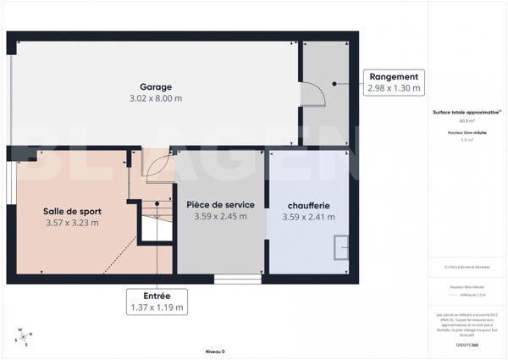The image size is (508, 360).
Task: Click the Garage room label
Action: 156,86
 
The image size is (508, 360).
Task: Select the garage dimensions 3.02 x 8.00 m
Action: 156,98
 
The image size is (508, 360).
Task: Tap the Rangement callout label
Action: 394,76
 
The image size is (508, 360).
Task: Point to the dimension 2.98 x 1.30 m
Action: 394,88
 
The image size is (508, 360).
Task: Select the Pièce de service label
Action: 219,204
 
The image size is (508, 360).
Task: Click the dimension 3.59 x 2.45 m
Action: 219,216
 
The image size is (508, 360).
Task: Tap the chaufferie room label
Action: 308,205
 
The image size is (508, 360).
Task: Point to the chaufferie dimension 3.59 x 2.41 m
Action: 308,217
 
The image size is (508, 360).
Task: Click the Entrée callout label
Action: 157,296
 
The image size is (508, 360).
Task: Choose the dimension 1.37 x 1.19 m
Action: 157,307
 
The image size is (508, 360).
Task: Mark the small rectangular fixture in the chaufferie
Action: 340,246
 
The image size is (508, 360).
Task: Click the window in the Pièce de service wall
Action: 238,278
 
